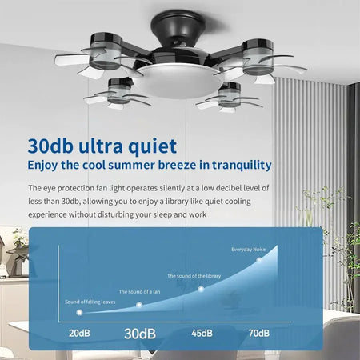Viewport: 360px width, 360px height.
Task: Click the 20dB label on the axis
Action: pyautogui.click(x=78, y=333)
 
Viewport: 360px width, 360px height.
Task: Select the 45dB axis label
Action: pyautogui.click(x=202, y=333)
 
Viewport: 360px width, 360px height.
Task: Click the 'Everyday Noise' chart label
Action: pyautogui.click(x=249, y=250)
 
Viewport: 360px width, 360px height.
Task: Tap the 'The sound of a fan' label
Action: pyautogui.click(x=139, y=291)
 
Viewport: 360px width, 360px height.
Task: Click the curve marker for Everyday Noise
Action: pyautogui.click(x=260, y=260)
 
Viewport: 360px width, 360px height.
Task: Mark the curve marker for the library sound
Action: pyautogui.click(x=201, y=287)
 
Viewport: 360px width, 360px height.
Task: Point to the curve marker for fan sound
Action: pyautogui.click(x=139, y=305)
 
